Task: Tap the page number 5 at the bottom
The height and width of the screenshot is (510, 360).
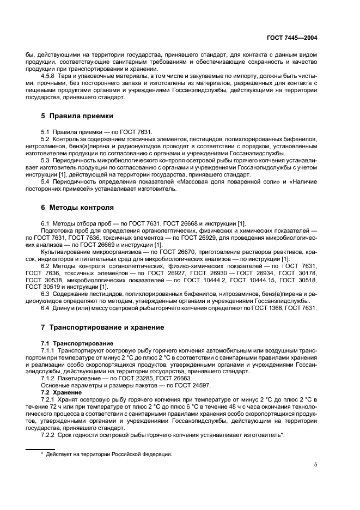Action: tap(315, 465)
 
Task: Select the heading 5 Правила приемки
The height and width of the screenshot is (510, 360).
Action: tap(77, 116)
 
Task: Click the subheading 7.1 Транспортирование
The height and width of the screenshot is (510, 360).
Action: tap(77, 343)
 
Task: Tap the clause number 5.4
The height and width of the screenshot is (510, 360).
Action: tap(46, 181)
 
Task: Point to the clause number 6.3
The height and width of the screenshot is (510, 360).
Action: tap(46, 294)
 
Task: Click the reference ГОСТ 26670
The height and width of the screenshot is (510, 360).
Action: tap(162, 252)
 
